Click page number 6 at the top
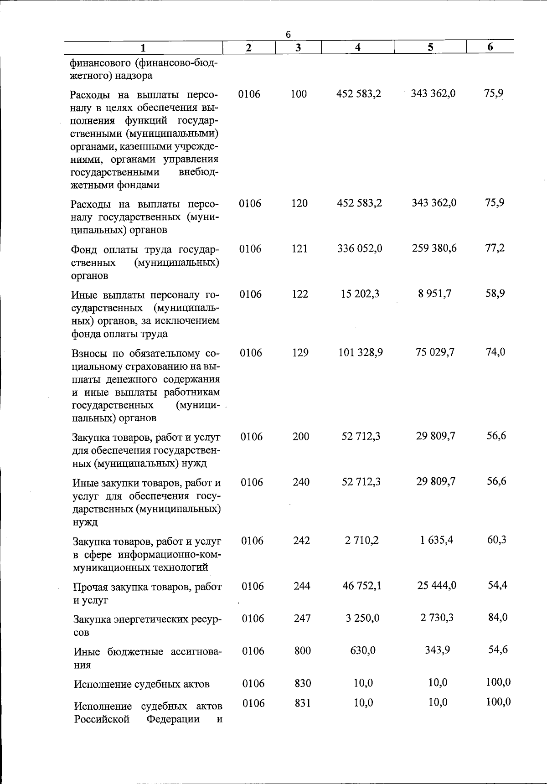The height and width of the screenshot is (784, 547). [288, 35]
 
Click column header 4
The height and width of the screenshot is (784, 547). [358, 47]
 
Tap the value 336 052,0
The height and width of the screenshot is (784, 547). [360, 248]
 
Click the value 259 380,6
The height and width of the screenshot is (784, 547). [434, 248]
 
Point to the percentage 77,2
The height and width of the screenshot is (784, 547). [495, 248]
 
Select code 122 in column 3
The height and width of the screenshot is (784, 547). [300, 294]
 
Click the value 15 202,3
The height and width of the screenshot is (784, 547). [360, 294]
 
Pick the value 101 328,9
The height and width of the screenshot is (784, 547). [360, 352]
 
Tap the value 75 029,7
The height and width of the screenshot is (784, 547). [435, 352]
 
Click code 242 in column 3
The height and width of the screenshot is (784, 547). [301, 541]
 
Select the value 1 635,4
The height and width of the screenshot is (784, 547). [436, 540]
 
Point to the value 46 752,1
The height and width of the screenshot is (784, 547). [361, 586]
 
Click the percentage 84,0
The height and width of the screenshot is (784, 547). [498, 618]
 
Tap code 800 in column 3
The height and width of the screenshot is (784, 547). [302, 651]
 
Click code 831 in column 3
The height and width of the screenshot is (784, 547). [302, 703]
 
